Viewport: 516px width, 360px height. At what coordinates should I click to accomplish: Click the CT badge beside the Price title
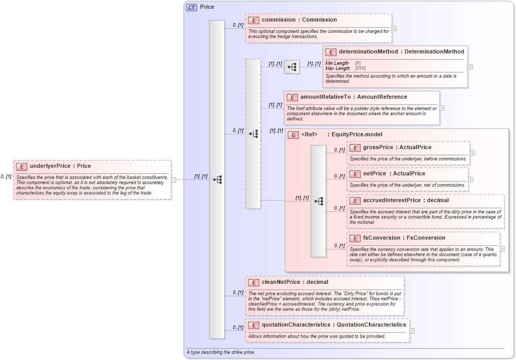[192, 7]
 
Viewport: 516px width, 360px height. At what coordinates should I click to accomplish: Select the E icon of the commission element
[253, 20]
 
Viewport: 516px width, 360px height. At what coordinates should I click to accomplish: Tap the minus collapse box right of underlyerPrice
[174, 180]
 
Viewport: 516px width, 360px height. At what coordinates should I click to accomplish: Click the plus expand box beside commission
[394, 29]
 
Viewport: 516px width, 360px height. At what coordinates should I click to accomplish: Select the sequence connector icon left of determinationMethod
[292, 67]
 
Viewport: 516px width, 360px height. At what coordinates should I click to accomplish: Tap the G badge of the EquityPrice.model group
[293, 135]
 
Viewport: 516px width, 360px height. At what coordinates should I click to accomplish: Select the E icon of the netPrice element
[354, 174]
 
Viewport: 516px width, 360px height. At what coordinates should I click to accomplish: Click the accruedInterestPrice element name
[399, 200]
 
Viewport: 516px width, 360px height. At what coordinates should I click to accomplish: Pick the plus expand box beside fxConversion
[502, 249]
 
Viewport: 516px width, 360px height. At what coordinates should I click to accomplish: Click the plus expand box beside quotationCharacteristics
[412, 331]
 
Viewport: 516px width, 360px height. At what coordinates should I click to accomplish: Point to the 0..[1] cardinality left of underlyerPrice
[6, 176]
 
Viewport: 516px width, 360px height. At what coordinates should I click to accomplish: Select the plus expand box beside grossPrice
[472, 153]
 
